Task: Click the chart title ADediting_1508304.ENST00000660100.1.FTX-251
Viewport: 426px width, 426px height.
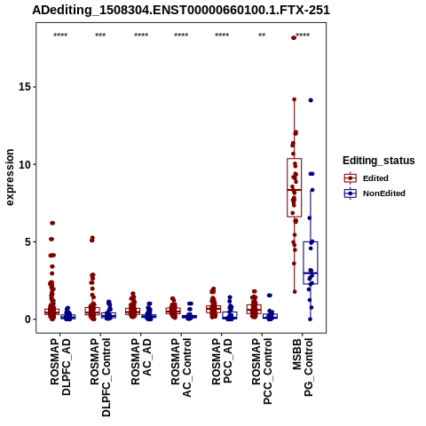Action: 181,11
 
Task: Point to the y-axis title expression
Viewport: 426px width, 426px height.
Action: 10,177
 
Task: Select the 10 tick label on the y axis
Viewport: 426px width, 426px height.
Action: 24,164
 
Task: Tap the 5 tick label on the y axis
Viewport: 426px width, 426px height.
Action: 28,242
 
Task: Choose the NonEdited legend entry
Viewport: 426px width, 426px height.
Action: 375,193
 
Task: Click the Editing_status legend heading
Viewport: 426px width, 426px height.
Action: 379,161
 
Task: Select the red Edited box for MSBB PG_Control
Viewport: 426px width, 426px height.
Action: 294,188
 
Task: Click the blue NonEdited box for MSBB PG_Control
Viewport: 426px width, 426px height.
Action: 311,263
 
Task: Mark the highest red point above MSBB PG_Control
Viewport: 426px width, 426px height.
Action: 294,37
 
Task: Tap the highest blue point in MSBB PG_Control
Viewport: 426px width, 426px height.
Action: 311,100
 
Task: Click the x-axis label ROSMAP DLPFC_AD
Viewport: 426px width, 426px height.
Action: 60,367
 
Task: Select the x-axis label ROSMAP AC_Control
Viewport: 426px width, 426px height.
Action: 181,367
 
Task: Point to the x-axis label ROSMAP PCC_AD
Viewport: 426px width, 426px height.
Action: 222,361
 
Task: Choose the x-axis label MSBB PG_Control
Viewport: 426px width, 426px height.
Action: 303,367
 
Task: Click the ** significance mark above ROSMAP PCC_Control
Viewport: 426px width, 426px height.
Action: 262,35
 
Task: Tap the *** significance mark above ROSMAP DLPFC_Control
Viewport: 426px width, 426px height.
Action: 100,35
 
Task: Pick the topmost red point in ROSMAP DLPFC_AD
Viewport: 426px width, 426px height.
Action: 52,223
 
